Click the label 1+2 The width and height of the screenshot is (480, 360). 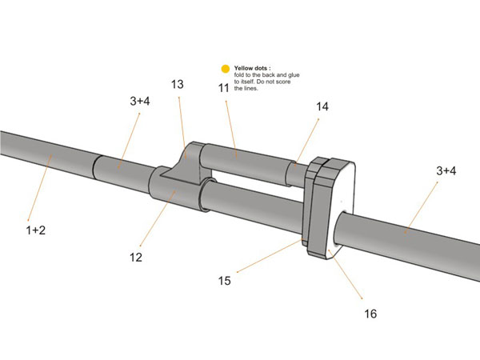pos(34,230)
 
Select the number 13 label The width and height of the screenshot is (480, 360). pos(178,85)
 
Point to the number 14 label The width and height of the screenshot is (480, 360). pos(322,106)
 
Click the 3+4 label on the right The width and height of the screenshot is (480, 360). pos(446,170)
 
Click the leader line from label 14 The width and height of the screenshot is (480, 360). pos(307,139)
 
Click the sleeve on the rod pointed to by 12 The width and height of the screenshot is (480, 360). pos(177,196)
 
